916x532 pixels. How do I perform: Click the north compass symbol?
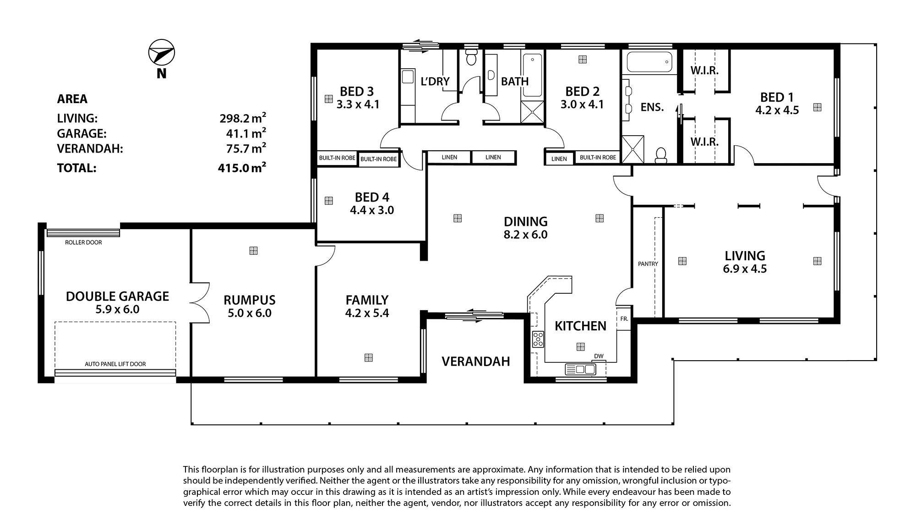[162, 53]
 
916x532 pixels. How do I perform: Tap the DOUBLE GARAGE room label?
[117, 296]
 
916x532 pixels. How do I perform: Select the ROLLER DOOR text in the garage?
[83, 242]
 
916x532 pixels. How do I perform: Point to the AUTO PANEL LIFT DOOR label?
[115, 364]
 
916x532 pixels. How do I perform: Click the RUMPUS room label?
[250, 300]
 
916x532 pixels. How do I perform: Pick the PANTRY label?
[648, 264]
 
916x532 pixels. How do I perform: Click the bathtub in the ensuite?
[649, 62]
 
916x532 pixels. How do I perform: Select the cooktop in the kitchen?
[538, 340]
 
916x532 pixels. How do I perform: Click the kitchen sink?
[580, 369]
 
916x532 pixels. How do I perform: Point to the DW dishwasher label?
[599, 356]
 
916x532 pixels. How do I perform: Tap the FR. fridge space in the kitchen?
[624, 318]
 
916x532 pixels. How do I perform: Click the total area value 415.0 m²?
[242, 167]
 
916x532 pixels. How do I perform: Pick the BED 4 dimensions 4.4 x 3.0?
[372, 210]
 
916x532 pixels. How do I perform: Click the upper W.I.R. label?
[704, 71]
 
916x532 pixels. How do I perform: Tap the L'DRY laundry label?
[435, 81]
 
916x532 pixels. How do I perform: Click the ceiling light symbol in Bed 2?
[583, 60]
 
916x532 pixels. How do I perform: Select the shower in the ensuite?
[632, 149]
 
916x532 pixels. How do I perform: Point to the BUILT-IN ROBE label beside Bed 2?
[598, 158]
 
